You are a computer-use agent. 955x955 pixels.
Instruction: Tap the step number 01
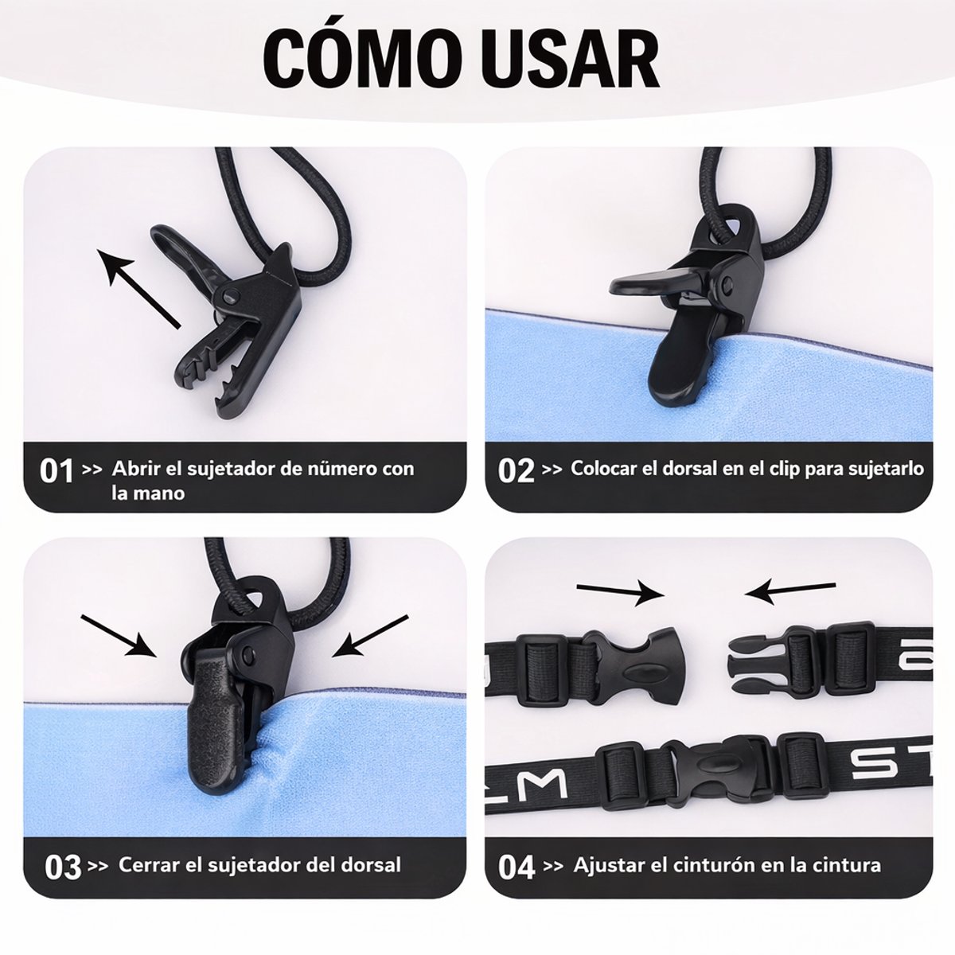point(57,470)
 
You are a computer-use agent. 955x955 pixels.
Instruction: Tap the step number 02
point(516,470)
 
